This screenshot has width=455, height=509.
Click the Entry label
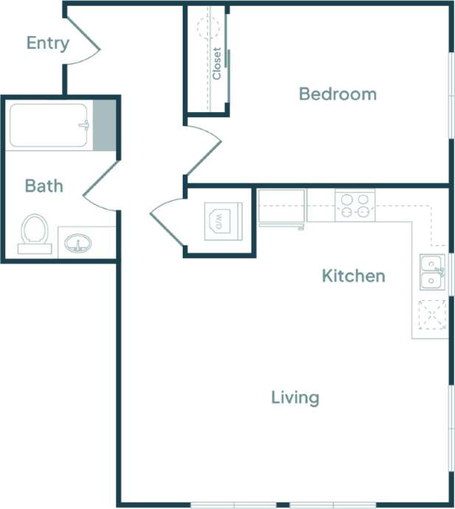(x=47, y=43)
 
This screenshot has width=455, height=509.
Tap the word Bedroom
(x=337, y=94)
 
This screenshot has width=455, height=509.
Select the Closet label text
(x=217, y=63)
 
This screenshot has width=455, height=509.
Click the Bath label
(x=44, y=186)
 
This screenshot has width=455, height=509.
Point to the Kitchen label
(x=353, y=276)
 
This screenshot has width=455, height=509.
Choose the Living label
(x=295, y=398)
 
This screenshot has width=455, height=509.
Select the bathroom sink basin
(x=76, y=242)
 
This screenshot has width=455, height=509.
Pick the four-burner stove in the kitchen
(x=355, y=205)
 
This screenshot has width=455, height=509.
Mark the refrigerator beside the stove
(x=282, y=206)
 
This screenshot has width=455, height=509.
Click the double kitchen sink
(x=431, y=271)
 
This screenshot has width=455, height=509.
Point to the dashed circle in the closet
(x=208, y=27)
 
